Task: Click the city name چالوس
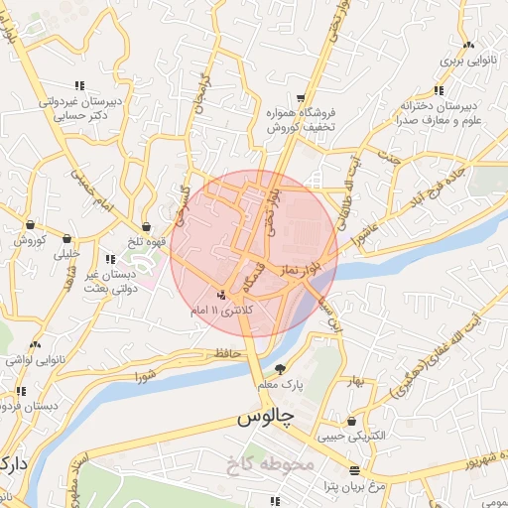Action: [x=266, y=420]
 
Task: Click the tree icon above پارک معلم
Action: [x=280, y=367]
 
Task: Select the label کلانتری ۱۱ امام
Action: [x=221, y=312]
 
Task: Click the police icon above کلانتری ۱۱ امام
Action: [x=221, y=296]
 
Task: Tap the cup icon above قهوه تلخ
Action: [x=146, y=227]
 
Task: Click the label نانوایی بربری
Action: [x=466, y=61]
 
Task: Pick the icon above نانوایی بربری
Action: [x=467, y=45]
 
